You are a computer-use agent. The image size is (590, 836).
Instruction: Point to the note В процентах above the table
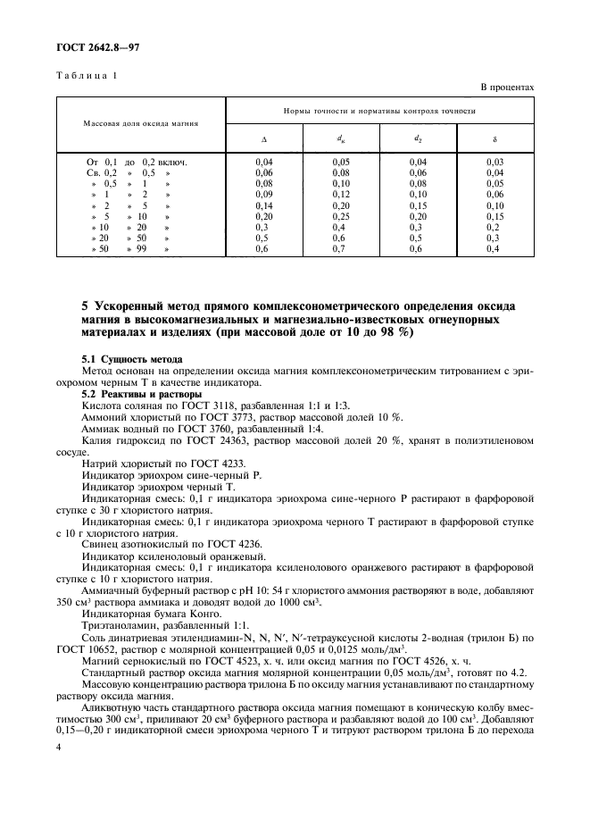[x=507, y=88]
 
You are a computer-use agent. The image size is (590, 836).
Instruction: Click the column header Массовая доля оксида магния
[x=141, y=122]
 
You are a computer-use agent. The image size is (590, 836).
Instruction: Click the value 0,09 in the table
[x=263, y=194]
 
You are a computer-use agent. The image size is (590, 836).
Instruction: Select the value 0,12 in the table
[x=341, y=194]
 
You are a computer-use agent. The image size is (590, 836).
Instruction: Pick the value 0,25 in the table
[x=341, y=216]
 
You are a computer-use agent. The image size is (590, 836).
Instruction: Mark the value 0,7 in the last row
[x=341, y=249]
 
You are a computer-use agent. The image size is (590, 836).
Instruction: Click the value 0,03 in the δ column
[x=495, y=161]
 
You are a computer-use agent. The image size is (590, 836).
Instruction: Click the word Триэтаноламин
[x=116, y=625]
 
